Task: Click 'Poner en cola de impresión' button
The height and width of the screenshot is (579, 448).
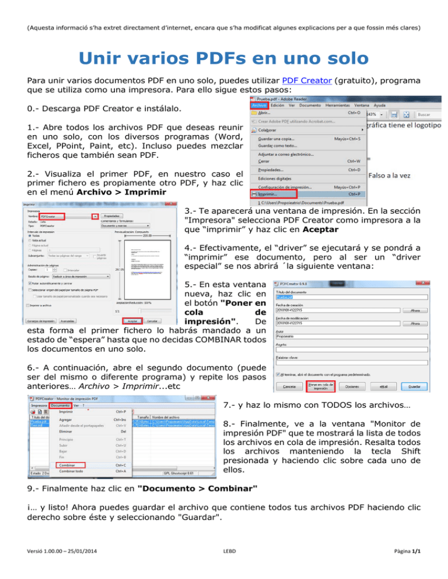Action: pyautogui.click(x=323, y=386)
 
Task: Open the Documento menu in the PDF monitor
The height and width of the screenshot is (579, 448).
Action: pyautogui.click(x=61, y=405)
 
